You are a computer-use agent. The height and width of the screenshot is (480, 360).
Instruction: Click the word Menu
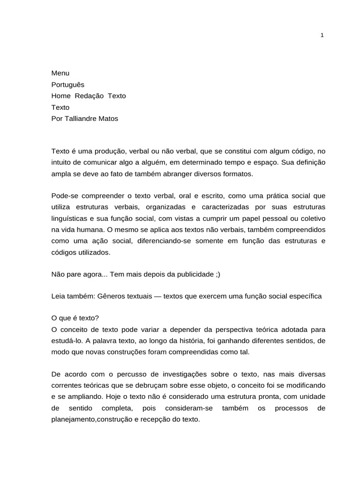click(x=60, y=73)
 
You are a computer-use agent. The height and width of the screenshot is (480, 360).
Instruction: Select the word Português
click(x=68, y=84)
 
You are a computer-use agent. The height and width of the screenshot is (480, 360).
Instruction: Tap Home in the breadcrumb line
click(x=60, y=96)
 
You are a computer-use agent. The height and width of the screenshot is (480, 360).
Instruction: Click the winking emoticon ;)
click(x=217, y=275)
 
